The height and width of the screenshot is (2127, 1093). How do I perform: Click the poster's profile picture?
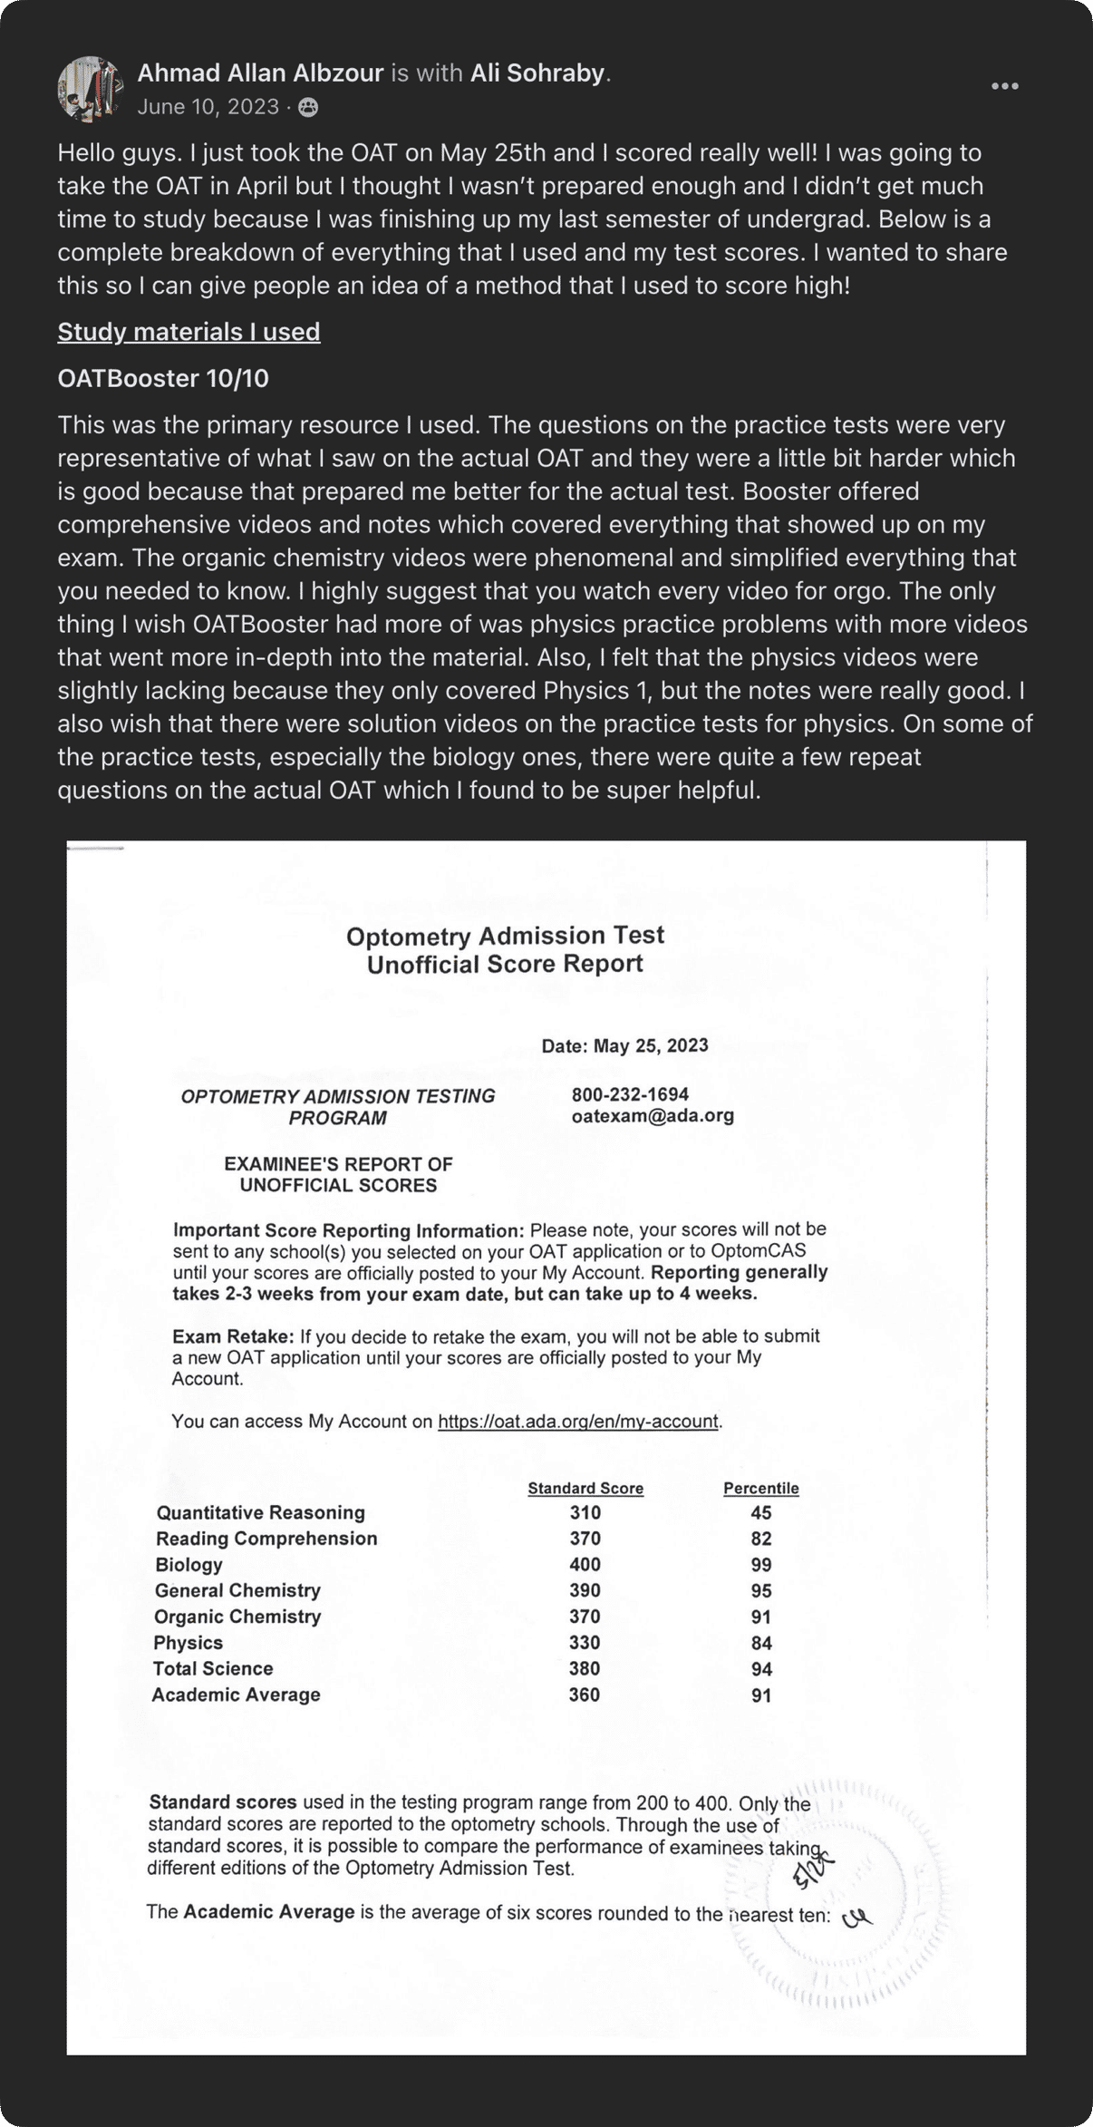(90, 89)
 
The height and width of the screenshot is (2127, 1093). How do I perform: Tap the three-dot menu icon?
(1004, 86)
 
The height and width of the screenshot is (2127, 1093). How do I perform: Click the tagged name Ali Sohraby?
(537, 73)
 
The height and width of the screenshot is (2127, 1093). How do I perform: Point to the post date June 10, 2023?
(208, 107)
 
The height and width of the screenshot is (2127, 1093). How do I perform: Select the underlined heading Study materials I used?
(189, 332)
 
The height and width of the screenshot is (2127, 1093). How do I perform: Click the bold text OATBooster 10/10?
(163, 378)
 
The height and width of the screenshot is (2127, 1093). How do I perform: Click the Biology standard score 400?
(585, 1564)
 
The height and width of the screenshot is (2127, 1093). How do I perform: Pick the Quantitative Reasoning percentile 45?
(760, 1512)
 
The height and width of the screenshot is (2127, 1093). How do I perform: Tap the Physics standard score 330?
(585, 1642)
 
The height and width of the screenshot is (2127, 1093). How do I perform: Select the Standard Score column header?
(585, 1488)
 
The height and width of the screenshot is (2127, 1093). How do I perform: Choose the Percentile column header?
(760, 1488)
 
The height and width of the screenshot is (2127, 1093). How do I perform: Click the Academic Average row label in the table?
(236, 1695)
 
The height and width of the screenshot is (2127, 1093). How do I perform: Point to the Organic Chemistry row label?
(237, 1617)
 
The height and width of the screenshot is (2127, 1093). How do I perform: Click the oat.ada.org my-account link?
(578, 1421)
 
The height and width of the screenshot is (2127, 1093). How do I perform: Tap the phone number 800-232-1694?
(630, 1094)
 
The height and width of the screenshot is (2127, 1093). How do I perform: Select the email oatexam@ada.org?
(653, 1115)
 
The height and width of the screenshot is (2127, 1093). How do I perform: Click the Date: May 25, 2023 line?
(624, 1045)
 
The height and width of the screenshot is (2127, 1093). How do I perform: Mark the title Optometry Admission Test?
(505, 936)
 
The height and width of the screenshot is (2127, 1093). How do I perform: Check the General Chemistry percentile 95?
(760, 1590)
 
